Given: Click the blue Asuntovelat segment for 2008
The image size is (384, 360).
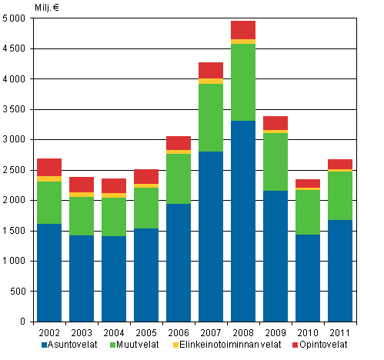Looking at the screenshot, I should click(242, 221).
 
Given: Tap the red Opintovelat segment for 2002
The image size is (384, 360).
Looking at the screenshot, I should click(49, 167).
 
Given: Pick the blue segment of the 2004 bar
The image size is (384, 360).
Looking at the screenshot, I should click(114, 278).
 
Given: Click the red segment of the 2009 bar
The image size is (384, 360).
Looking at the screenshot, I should click(275, 123).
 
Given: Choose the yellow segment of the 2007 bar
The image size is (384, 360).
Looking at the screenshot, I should click(210, 81).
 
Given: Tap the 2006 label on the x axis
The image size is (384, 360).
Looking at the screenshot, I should click(179, 332).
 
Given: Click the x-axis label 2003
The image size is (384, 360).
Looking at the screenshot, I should click(82, 332).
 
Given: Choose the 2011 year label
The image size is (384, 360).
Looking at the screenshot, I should click(339, 332).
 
